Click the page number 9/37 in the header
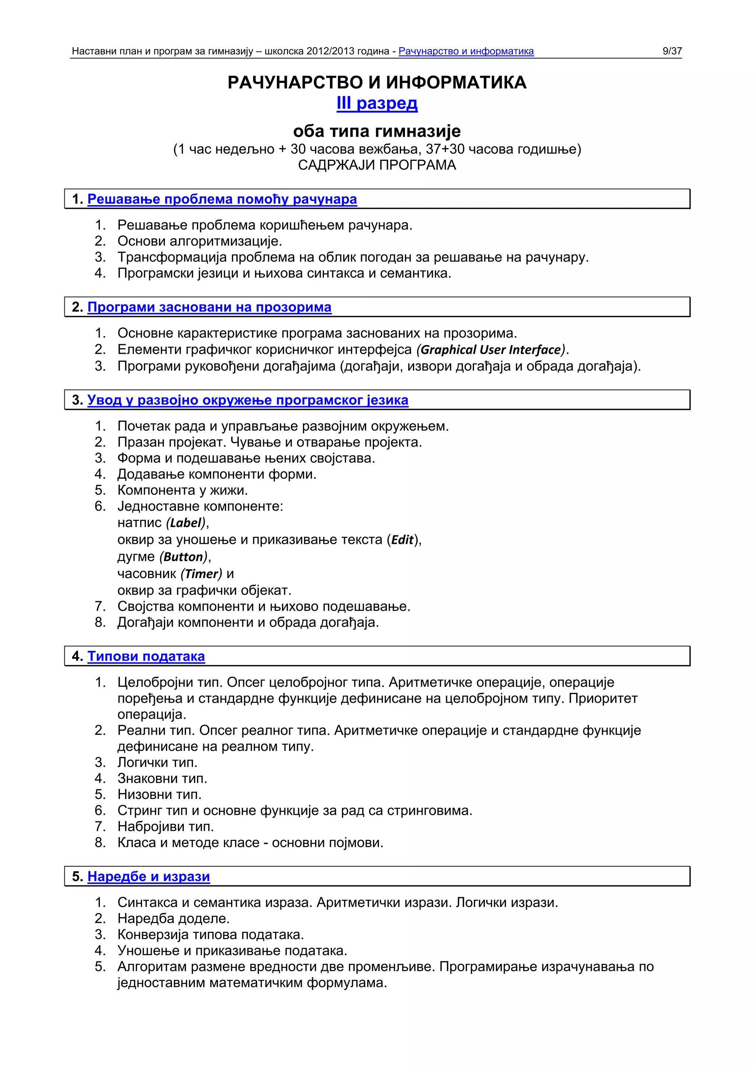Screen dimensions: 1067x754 point(672,51)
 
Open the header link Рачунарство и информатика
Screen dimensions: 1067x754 point(466,51)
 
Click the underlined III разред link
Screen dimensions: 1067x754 point(377,103)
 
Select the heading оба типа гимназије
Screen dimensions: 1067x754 point(377,131)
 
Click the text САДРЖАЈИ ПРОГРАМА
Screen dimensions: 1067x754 point(377,165)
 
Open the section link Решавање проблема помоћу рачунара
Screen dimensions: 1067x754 point(222,199)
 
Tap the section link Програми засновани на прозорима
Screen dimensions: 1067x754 point(209,307)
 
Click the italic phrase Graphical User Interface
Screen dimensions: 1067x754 point(491,349)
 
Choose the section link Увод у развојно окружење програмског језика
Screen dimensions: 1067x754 point(248,400)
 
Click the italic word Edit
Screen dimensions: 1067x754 point(402,539)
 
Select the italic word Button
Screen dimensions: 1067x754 point(184,557)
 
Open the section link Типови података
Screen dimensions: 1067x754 point(146,656)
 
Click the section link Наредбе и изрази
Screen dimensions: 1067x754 point(149,876)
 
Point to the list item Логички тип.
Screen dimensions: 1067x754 point(157,762)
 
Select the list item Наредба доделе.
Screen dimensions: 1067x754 point(173,918)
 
